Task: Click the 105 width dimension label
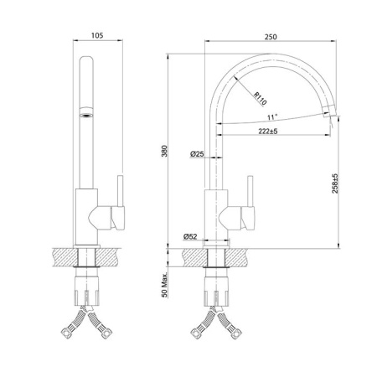click(97, 35)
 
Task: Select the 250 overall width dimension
click(271, 37)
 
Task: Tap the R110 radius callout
click(260, 99)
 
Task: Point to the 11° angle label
click(272, 117)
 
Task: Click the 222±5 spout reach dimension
click(268, 131)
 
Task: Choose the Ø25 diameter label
click(197, 153)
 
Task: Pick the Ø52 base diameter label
click(190, 236)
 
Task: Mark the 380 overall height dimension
click(164, 151)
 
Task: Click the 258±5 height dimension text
click(335, 183)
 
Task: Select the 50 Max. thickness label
click(164, 285)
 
